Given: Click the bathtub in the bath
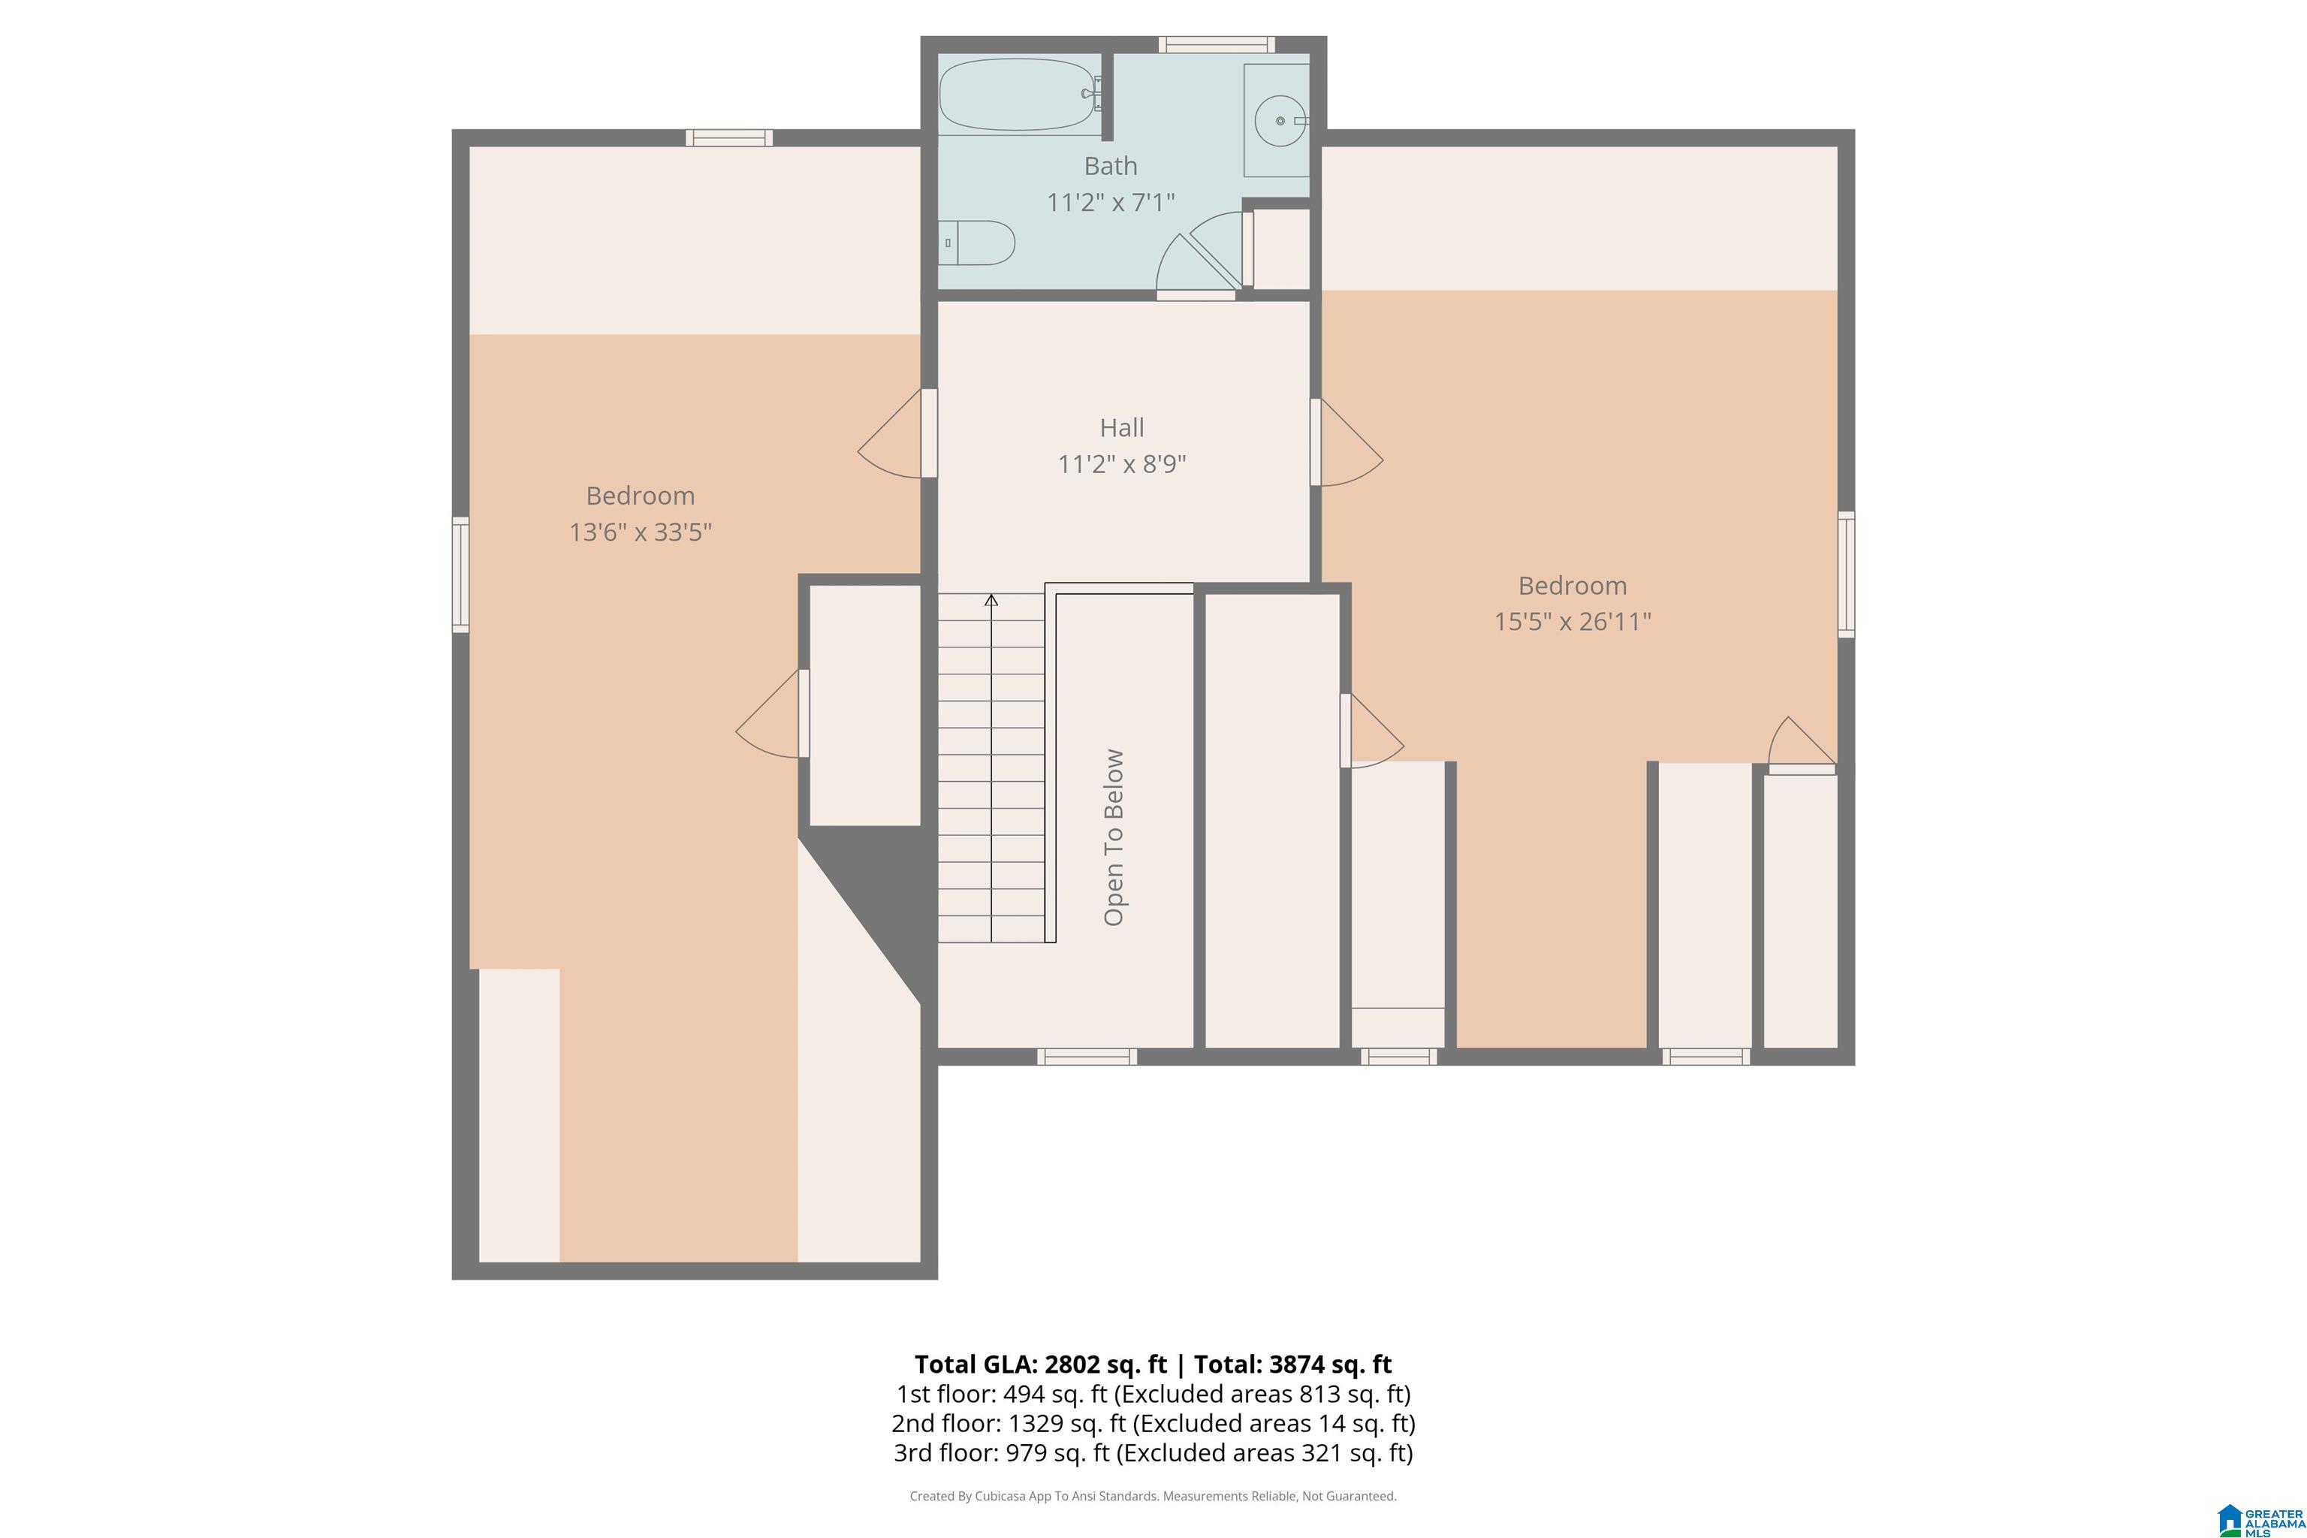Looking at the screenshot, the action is pos(1019,94).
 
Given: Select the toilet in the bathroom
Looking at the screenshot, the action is pos(976,243).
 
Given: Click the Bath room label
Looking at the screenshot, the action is pos(1111,166).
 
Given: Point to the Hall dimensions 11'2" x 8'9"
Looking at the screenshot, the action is pos(1121,464).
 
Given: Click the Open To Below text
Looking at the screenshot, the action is pos(1113,837).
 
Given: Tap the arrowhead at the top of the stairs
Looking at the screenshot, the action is pos(991,599).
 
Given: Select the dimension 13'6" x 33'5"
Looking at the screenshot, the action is pos(641,532).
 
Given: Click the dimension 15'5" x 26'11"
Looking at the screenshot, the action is pos(1573,621).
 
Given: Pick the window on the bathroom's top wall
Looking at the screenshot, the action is pos(1217,44).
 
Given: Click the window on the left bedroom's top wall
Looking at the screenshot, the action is pos(728,137).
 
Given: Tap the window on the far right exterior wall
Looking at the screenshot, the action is pos(1846,574).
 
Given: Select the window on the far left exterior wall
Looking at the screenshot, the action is pos(460,574).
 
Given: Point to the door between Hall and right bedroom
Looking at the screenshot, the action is pos(1347,442).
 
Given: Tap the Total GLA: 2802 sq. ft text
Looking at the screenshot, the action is pos(1041,1365).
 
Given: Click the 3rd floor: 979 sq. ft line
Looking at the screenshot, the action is pos(1153,1452).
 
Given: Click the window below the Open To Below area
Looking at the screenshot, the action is pos(1087,1057).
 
